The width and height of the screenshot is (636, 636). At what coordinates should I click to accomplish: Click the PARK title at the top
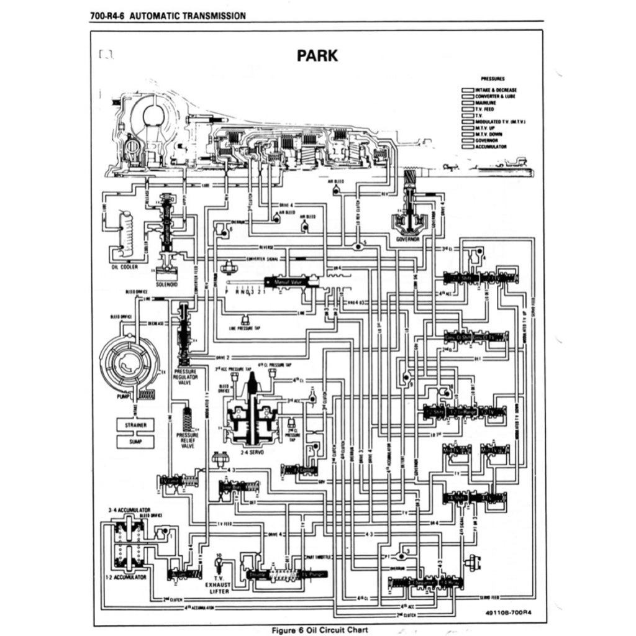point(317,55)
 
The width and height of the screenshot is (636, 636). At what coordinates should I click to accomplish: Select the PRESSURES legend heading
point(493,79)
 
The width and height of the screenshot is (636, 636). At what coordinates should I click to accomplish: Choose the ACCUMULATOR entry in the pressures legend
point(491,147)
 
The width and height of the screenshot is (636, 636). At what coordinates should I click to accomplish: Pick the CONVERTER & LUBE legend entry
point(495,96)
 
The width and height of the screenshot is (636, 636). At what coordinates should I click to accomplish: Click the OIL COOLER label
point(124,267)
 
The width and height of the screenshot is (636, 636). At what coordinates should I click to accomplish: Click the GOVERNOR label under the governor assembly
point(407,238)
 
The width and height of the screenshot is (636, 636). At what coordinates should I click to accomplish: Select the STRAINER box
point(135,425)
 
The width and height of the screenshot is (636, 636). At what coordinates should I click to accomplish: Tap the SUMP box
point(135,442)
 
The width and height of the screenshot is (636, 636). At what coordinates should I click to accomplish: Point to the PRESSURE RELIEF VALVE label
point(187,440)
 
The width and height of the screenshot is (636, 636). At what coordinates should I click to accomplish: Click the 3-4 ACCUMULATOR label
point(129,509)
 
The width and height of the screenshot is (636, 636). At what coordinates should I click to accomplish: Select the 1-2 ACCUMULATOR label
point(129,577)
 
